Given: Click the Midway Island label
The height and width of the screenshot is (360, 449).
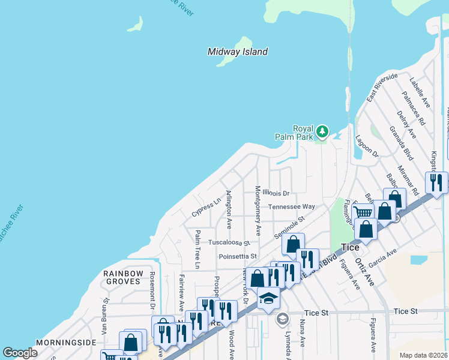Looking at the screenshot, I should tap(238, 52).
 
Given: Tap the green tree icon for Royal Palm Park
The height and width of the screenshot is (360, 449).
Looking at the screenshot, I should tap(323, 131).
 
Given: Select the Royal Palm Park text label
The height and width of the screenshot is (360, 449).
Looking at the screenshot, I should tap(303, 133).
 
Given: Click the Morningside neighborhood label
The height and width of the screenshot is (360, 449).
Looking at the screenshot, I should tap(66, 343).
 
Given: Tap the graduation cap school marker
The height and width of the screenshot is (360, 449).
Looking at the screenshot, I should tap(268, 297).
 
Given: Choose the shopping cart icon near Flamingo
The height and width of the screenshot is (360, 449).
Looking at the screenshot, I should tap(363, 212).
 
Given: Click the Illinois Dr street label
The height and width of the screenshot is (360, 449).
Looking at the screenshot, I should tap(278, 193).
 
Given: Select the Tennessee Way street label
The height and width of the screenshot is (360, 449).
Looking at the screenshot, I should tap(291, 206).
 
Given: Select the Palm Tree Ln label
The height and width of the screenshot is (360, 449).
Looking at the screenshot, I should tap(196, 248).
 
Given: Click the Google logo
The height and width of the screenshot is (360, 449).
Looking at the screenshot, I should tap(20, 353).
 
